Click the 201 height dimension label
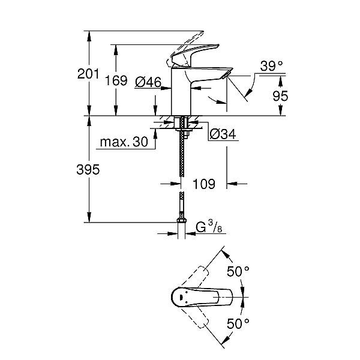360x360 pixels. click(88, 74)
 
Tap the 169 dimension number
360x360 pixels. click(116, 80)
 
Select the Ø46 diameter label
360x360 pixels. click(148, 82)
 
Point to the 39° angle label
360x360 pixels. click(272, 66)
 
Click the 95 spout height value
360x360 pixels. click(280, 96)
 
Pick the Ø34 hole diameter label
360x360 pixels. click(223, 134)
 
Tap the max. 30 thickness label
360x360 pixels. click(124, 142)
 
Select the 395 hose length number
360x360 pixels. click(88, 170)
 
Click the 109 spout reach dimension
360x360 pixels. click(204, 184)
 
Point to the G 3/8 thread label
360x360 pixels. click(209, 226)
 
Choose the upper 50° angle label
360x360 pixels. click(238, 271)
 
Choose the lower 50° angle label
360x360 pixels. click(238, 323)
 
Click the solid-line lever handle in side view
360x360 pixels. click(195, 55)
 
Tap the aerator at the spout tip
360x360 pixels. click(226, 76)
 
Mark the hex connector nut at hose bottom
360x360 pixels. click(182, 221)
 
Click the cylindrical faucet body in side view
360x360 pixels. click(181, 92)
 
